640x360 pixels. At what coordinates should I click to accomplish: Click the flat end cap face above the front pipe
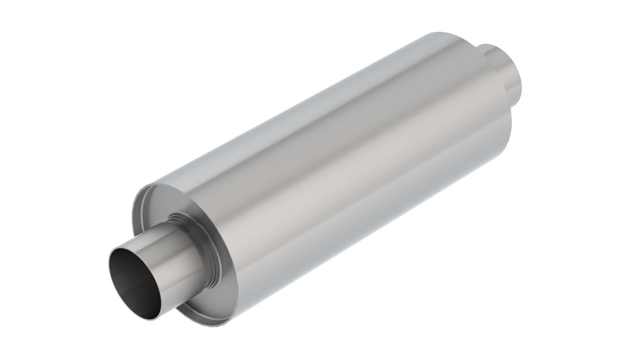pyautogui.click(x=165, y=200)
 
